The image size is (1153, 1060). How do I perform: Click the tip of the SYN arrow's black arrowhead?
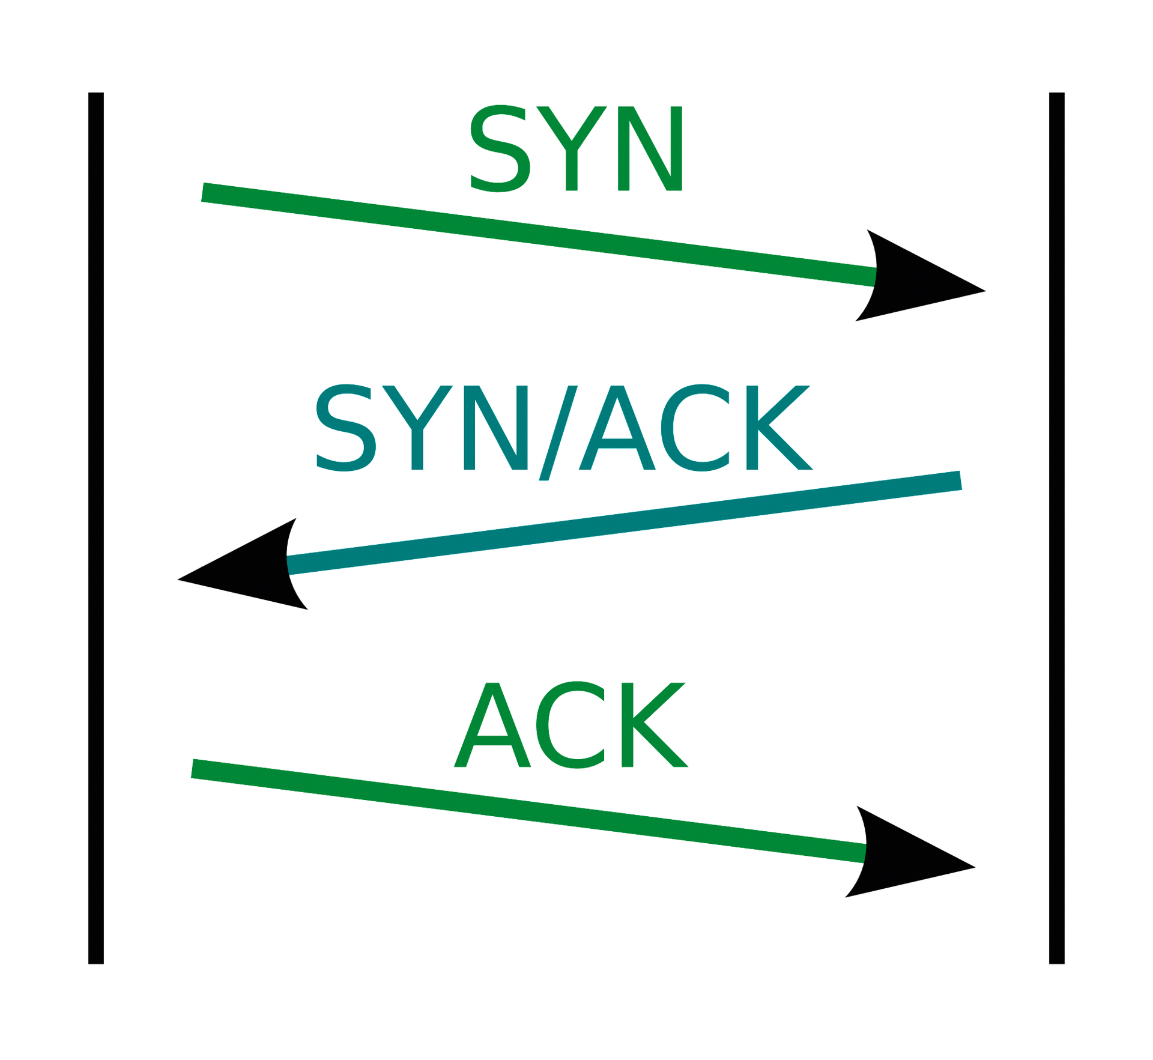(x=985, y=291)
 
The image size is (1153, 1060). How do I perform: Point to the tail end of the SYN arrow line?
(x=203, y=192)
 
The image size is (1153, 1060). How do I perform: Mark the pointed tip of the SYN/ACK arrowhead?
(x=178, y=580)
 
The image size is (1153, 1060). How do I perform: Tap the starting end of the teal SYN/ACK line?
(x=960, y=480)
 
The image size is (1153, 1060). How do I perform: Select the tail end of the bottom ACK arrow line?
(x=193, y=769)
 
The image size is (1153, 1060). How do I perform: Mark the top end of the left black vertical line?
(x=96, y=93)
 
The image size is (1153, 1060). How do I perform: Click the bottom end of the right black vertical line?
(x=1057, y=964)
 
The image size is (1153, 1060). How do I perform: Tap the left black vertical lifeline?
(x=96, y=528)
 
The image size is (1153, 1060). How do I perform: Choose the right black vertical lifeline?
(x=1057, y=528)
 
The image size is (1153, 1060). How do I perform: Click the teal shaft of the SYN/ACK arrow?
(x=624, y=522)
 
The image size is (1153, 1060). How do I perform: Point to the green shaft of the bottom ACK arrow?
(x=528, y=811)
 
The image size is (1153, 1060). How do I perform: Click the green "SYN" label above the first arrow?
(x=576, y=148)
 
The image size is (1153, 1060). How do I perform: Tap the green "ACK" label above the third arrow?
(x=571, y=724)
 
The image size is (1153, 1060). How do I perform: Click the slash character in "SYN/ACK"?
(x=558, y=432)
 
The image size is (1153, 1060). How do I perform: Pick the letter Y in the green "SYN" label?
(x=572, y=148)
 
